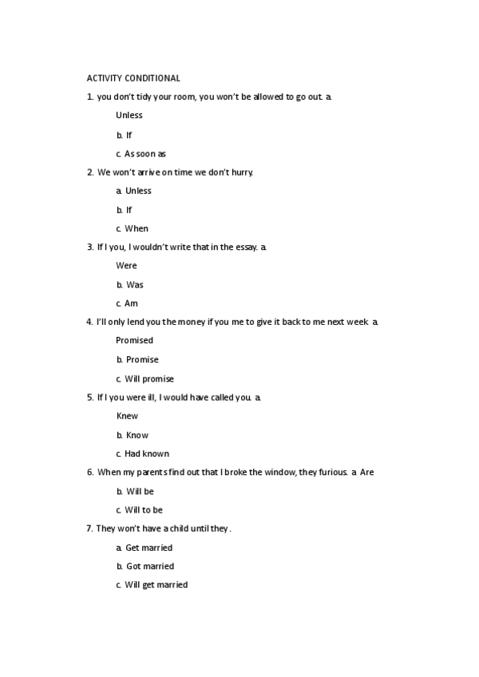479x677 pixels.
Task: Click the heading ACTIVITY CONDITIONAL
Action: pyautogui.click(x=133, y=78)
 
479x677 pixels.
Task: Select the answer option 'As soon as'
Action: pyautogui.click(x=144, y=153)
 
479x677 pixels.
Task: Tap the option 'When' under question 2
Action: pyautogui.click(x=137, y=228)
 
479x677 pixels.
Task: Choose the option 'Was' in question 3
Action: pyautogui.click(x=135, y=284)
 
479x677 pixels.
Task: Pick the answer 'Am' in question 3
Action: pyautogui.click(x=132, y=303)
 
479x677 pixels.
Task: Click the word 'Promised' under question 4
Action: pyautogui.click(x=134, y=340)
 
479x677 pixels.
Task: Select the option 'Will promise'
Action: pyautogui.click(x=149, y=378)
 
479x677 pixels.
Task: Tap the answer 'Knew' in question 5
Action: pyautogui.click(x=127, y=416)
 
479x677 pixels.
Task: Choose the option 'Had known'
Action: pyautogui.click(x=147, y=453)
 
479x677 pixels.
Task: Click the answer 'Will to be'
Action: pyautogui.click(x=144, y=509)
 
